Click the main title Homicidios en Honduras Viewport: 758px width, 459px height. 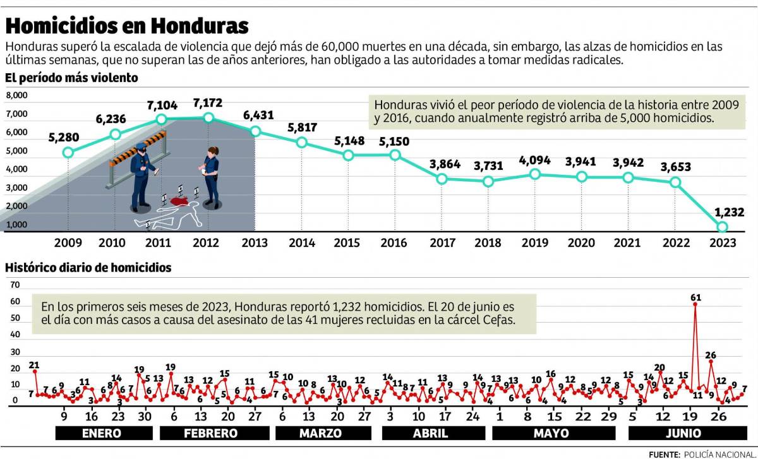pos(126,25)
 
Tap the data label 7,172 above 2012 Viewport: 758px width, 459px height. pos(208,102)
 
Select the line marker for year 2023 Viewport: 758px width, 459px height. pos(721,227)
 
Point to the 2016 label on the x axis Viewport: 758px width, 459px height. pos(394,243)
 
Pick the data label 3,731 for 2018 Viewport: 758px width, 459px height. pos(488,167)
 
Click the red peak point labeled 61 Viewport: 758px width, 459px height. pos(695,304)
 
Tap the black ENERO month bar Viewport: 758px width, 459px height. pos(104,433)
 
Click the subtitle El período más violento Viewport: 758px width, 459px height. pos(71,78)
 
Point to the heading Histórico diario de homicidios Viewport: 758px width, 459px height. pos(88,268)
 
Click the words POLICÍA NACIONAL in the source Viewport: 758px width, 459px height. pos(718,453)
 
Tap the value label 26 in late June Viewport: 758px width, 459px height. pos(710,355)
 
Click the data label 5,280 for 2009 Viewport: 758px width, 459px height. pos(68,137)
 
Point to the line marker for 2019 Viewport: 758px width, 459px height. pos(535,174)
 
